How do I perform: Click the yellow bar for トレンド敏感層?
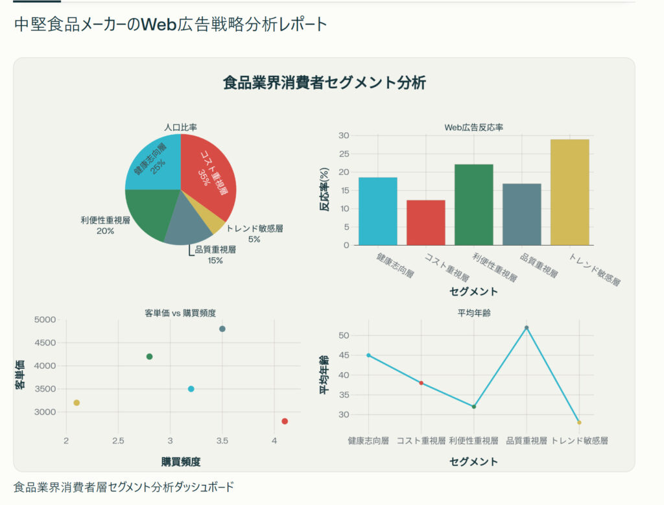click(569, 193)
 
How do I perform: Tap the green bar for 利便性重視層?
click(473, 205)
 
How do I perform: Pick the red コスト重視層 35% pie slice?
click(207, 172)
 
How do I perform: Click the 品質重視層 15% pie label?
click(215, 255)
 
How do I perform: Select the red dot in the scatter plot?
click(285, 421)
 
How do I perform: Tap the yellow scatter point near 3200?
click(77, 403)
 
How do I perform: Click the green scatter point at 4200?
click(149, 357)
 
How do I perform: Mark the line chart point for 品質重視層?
click(527, 328)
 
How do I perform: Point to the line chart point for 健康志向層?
click(368, 355)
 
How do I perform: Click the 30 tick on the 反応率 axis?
click(344, 135)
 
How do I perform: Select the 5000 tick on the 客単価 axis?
click(47, 320)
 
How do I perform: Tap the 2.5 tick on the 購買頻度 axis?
click(117, 441)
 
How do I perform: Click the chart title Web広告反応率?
click(473, 128)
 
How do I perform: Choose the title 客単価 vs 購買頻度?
click(180, 313)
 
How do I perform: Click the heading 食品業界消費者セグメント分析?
click(324, 83)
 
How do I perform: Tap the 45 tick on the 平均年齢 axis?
click(343, 355)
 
